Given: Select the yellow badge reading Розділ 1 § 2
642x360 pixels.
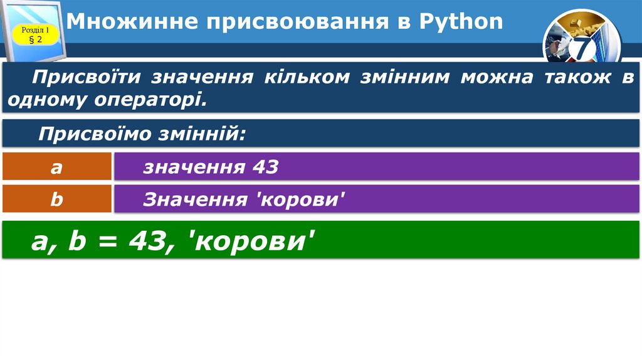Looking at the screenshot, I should pyautogui.click(x=36, y=35).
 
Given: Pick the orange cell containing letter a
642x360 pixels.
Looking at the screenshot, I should pyautogui.click(x=57, y=167).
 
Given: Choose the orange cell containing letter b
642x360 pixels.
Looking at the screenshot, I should pyautogui.click(x=57, y=199).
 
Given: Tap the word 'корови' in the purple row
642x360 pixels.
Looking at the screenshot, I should pyautogui.click(x=302, y=200).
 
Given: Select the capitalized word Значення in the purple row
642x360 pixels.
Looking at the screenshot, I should pyautogui.click(x=194, y=200).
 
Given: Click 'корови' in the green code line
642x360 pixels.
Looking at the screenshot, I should pyautogui.click(x=251, y=241).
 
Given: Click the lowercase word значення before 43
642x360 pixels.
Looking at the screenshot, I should pyautogui.click(x=194, y=167).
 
